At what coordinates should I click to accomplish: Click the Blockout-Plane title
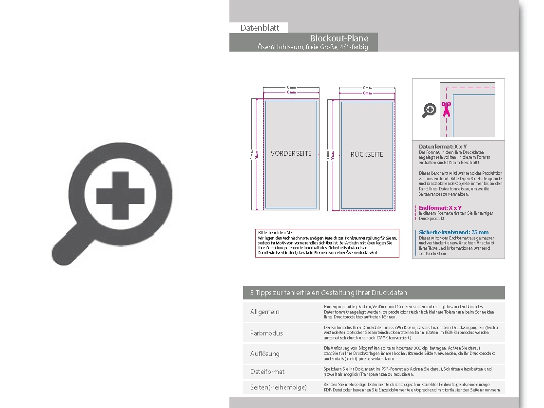[x=339, y=38]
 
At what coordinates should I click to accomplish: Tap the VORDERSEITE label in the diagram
[x=291, y=153]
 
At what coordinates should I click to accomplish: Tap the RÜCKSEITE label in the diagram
[x=367, y=154]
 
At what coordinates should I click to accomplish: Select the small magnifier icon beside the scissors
[x=429, y=111]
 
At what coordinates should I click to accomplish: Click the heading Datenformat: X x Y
[x=443, y=146]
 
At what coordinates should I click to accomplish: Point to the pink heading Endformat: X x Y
[x=440, y=208]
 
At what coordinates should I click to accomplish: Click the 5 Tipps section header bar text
[x=328, y=293]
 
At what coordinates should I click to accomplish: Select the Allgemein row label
[x=265, y=312]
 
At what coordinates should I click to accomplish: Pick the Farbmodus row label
[x=266, y=333]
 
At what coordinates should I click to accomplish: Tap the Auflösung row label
[x=265, y=353]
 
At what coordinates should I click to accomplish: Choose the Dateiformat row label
[x=267, y=371]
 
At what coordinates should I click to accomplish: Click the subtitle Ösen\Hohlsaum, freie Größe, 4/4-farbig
[x=313, y=47]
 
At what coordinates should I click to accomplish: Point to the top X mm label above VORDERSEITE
[x=291, y=88]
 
